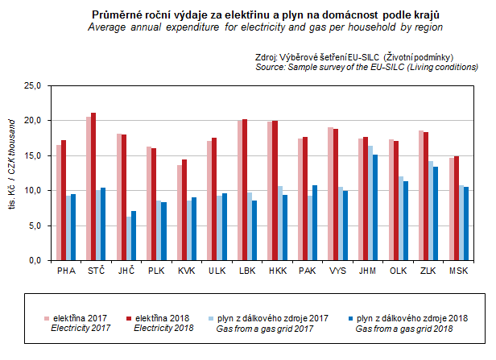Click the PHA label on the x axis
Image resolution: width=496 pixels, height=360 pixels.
(x=66, y=271)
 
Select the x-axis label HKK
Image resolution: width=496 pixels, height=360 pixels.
(x=278, y=271)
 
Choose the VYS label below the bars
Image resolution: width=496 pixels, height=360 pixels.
(x=337, y=271)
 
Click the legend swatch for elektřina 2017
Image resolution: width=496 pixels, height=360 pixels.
(x=46, y=319)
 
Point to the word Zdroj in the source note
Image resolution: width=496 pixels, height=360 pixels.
(x=267, y=58)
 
